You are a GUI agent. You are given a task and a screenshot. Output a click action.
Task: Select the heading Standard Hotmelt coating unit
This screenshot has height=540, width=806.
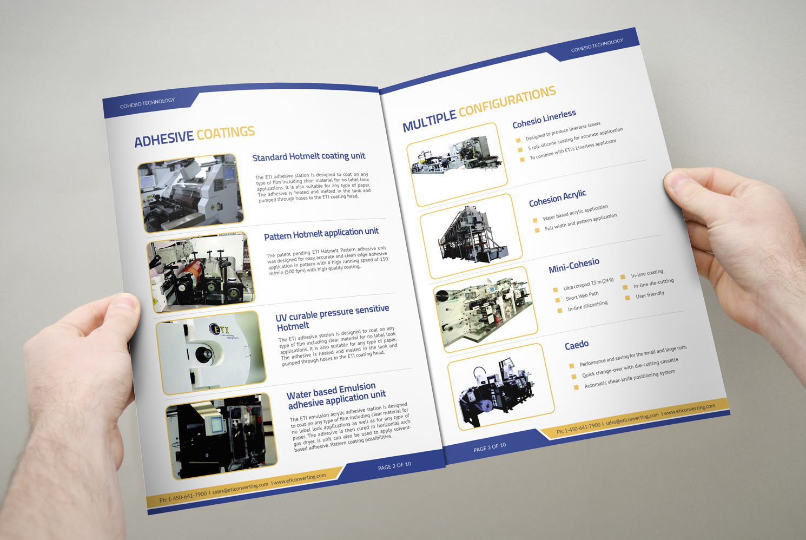pyautogui.click(x=309, y=156)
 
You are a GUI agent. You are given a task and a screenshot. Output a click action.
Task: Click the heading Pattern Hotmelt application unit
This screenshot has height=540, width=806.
pyautogui.click(x=321, y=234)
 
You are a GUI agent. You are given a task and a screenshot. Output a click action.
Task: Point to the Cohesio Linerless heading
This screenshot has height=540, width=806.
pyautogui.click(x=544, y=119)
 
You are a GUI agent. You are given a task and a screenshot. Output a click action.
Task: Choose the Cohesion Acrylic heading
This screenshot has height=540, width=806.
pyautogui.click(x=557, y=199)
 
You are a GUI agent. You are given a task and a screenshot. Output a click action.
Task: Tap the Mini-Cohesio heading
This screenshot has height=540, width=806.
pyautogui.click(x=574, y=265)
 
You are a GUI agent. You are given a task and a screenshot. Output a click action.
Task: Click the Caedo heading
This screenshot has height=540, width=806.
pyautogui.click(x=577, y=345)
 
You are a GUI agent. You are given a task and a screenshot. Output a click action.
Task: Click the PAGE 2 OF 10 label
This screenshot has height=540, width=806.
pyautogui.click(x=394, y=466)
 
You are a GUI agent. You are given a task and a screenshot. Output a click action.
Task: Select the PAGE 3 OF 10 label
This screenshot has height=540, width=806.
pyautogui.click(x=490, y=447)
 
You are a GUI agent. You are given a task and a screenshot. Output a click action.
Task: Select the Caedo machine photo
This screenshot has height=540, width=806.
pyautogui.click(x=500, y=387)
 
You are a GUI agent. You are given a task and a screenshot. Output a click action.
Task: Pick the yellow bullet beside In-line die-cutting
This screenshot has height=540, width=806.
pyautogui.click(x=625, y=287)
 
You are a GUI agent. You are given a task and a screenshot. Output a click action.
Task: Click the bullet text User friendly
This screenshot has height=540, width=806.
pyautogui.click(x=650, y=295)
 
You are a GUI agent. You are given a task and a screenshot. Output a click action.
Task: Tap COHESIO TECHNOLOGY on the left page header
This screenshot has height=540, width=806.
pyautogui.click(x=147, y=103)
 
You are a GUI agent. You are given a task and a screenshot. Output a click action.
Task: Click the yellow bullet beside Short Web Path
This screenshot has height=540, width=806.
pyautogui.click(x=557, y=300)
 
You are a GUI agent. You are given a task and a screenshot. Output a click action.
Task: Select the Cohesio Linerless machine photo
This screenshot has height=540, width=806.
pyautogui.click(x=457, y=164)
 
